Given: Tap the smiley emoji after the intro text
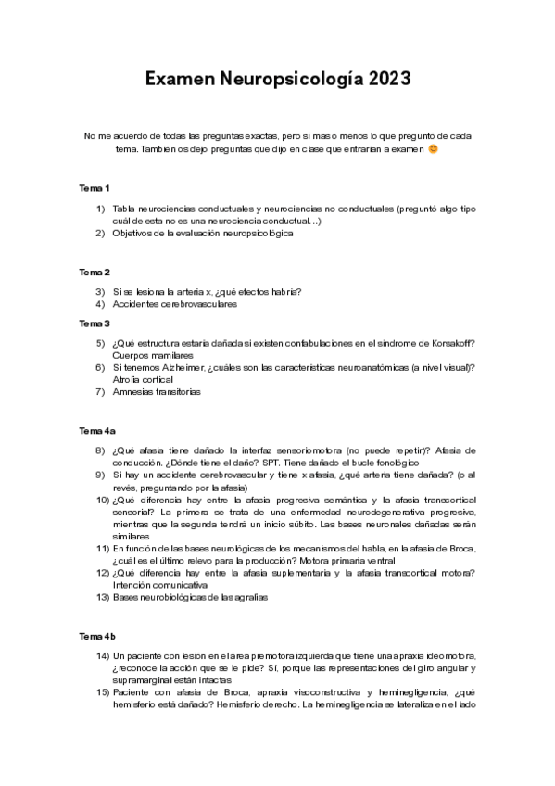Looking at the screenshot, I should pos(434,148).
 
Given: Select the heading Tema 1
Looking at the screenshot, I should pos(95,188).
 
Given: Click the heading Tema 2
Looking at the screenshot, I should pos(95,272).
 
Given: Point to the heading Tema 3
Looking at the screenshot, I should pos(95,323).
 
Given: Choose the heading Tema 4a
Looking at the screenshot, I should pos(97,431).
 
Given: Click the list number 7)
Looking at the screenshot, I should pos(102,391).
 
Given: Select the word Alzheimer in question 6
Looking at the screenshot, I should pos(183,367).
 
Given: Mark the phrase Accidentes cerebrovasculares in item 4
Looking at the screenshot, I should pos(174,303).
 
